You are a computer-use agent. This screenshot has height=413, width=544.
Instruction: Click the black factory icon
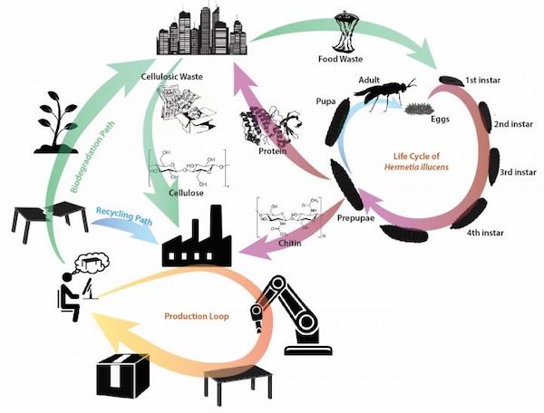click(x=194, y=237)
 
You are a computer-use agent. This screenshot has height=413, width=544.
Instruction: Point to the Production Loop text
click(x=200, y=317)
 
